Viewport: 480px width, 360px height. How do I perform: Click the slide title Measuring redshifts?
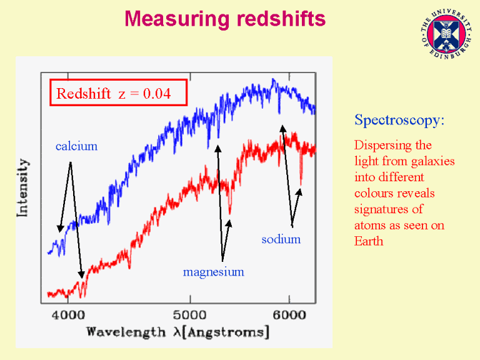[225, 19]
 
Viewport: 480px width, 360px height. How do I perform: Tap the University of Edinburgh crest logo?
[446, 34]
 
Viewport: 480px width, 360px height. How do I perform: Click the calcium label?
[76, 147]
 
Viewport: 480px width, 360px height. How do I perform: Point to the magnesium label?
[213, 272]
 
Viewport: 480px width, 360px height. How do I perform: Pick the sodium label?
[281, 239]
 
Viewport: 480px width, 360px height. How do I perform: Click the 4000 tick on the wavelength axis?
[68, 314]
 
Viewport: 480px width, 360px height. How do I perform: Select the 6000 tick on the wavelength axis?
[289, 314]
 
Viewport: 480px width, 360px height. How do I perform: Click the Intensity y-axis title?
[23, 187]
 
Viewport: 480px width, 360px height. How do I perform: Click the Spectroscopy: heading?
[399, 119]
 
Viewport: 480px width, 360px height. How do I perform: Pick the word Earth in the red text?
[369, 241]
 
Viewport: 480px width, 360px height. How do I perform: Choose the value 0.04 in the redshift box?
[157, 94]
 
